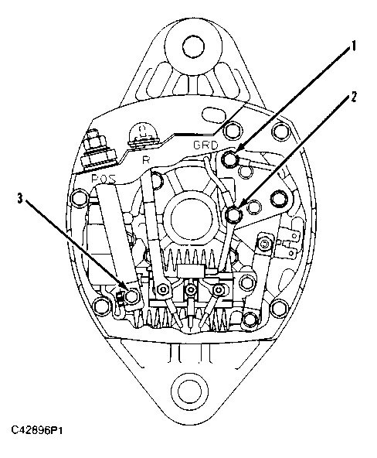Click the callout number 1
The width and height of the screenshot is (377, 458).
tap(353, 46)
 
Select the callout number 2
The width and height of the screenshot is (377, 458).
tap(353, 97)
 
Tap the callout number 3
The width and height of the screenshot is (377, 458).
tap(19, 199)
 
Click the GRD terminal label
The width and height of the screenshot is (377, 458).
tap(205, 145)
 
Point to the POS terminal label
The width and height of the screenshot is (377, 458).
tap(104, 178)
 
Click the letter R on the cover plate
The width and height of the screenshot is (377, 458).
tap(145, 160)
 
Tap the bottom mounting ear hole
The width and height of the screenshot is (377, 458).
tap(189, 390)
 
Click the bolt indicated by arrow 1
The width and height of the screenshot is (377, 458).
tap(229, 159)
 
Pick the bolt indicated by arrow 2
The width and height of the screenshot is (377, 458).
tap(234, 215)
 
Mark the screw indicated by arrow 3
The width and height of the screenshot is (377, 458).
tap(132, 296)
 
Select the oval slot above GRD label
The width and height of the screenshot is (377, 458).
tap(214, 113)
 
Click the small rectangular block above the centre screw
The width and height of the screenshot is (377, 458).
tap(191, 271)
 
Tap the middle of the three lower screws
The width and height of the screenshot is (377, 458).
tap(191, 290)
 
